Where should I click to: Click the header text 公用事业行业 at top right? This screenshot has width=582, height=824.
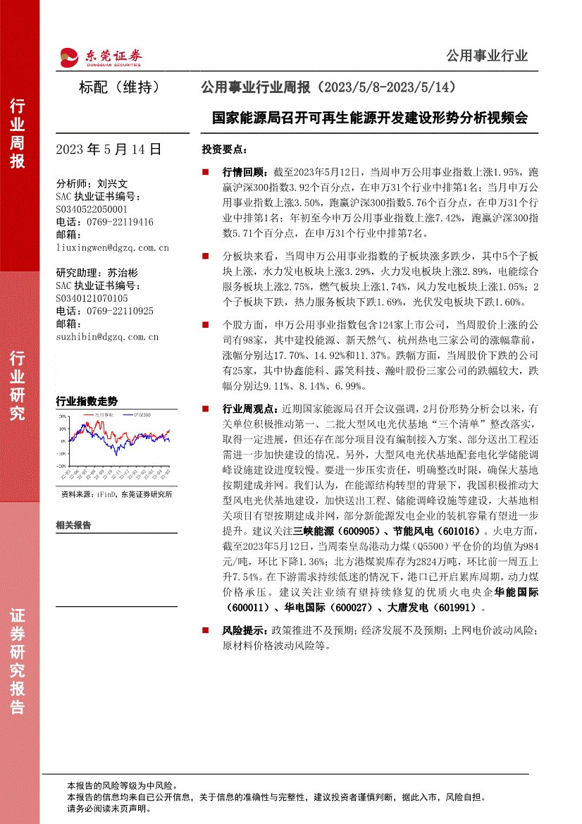pos(487,56)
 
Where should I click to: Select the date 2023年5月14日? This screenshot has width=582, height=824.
pos(109,149)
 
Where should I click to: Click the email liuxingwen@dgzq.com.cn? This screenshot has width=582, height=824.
pos(112,247)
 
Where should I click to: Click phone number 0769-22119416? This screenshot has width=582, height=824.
pos(116,221)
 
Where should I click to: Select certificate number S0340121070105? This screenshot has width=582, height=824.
pos(91,298)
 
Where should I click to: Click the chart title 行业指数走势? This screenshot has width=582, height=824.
pos(87,401)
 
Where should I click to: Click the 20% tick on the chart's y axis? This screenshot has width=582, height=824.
pos(63,417)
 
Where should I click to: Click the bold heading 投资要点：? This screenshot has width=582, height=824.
pos(225,149)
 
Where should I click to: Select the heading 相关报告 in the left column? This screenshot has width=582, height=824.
pos(73,525)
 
